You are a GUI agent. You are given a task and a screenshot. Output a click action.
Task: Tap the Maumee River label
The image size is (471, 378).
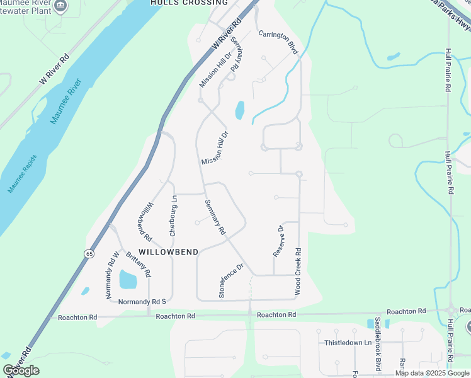pyautogui.click(x=66, y=101)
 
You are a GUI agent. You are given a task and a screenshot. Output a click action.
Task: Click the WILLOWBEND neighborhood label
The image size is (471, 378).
pyautogui.click(x=168, y=252)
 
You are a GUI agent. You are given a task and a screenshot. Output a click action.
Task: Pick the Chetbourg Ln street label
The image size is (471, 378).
pyautogui.click(x=173, y=215)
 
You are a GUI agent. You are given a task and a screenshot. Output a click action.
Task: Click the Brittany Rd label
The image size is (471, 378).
pyautogui.click(x=138, y=265)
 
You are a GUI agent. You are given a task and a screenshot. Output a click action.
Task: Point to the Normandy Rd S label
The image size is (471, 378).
pyautogui.click(x=141, y=302)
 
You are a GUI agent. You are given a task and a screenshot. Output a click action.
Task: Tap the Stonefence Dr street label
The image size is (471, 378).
pyautogui.click(x=230, y=280)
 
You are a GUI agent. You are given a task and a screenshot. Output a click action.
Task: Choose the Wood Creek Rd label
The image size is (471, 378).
pyautogui.click(x=298, y=272)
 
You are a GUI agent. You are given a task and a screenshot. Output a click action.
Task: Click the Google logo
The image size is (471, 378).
pyautogui.click(x=21, y=370)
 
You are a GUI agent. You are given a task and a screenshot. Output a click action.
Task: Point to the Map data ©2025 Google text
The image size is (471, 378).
pyautogui.click(x=432, y=373)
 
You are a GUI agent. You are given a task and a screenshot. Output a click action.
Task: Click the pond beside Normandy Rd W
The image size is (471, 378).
pyautogui.click(x=128, y=278)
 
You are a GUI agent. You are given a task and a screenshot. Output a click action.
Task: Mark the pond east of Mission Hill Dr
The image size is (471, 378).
pyautogui.click(x=240, y=110)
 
